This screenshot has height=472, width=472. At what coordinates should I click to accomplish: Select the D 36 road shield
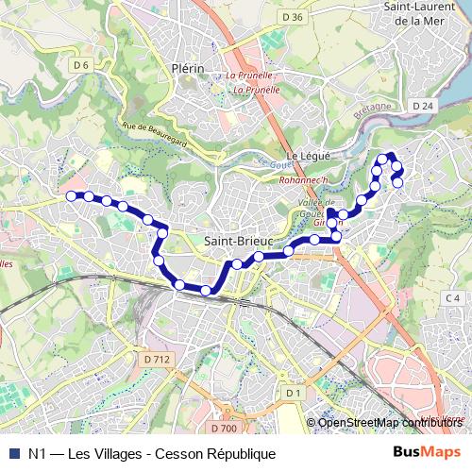click(x=293, y=17)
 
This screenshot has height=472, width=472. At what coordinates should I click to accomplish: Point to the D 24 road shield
click(x=422, y=106)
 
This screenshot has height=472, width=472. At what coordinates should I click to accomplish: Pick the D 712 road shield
click(x=158, y=359)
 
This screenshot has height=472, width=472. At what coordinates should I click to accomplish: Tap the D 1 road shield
click(x=293, y=393)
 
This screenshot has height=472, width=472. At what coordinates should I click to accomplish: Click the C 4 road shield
click(x=451, y=299)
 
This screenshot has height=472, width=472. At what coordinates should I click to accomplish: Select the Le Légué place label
click(x=306, y=156)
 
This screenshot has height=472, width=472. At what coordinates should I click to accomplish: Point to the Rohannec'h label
click(x=303, y=179)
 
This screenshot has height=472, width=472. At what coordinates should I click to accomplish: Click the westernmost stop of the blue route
click(x=71, y=195)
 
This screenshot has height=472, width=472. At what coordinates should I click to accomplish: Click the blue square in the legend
click(x=13, y=453)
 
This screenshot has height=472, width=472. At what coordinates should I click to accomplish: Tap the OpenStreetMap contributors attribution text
click(x=391, y=422)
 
